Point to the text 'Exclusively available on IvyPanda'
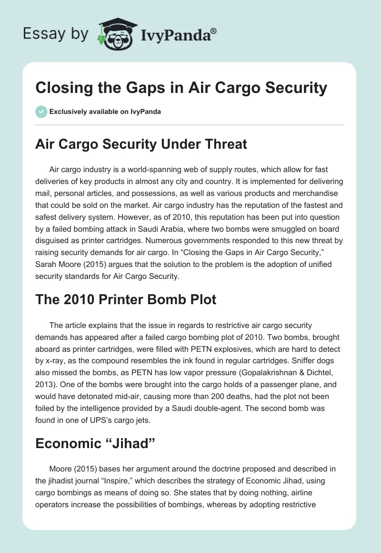[x=104, y=112]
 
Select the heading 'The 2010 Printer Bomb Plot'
[x=126, y=299]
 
